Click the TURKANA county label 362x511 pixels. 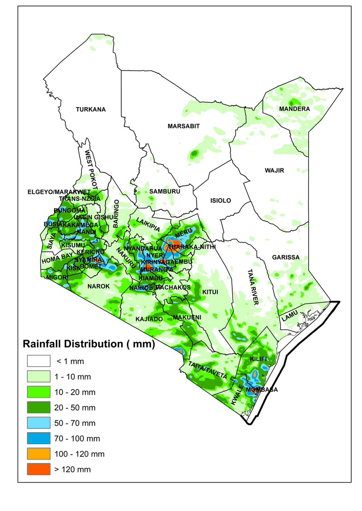[x=90, y=110]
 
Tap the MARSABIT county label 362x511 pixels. [x=184, y=126]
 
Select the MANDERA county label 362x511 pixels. [x=294, y=109]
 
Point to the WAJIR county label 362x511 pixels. [x=274, y=170]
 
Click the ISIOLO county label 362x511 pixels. [x=220, y=200]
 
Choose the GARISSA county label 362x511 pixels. [x=286, y=257]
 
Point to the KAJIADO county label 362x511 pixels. [x=149, y=319]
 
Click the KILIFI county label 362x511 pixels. [x=258, y=359]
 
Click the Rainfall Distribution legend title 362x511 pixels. [x=88, y=344]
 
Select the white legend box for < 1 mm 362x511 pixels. [x=39, y=361]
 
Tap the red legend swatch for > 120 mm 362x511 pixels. [x=39, y=469]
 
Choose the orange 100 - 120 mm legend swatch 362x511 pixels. [x=39, y=454]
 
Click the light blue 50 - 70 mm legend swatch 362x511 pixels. [x=39, y=423]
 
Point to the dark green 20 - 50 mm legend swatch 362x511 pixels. [x=39, y=408]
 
